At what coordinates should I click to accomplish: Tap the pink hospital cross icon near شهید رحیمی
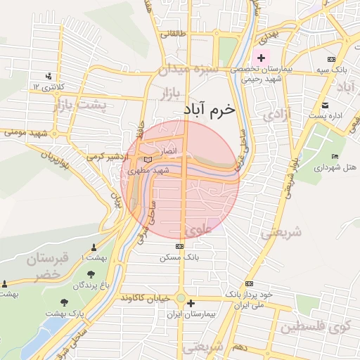pos(262,58)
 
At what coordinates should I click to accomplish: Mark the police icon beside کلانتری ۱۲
pos(49,76)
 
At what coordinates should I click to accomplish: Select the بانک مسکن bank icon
pos(180,247)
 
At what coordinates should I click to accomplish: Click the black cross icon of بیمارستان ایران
pos(191,303)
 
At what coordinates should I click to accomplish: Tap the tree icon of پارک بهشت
pos(65,302)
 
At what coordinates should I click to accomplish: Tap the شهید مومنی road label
pos(28,132)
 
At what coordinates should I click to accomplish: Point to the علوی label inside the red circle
pos(198,229)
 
